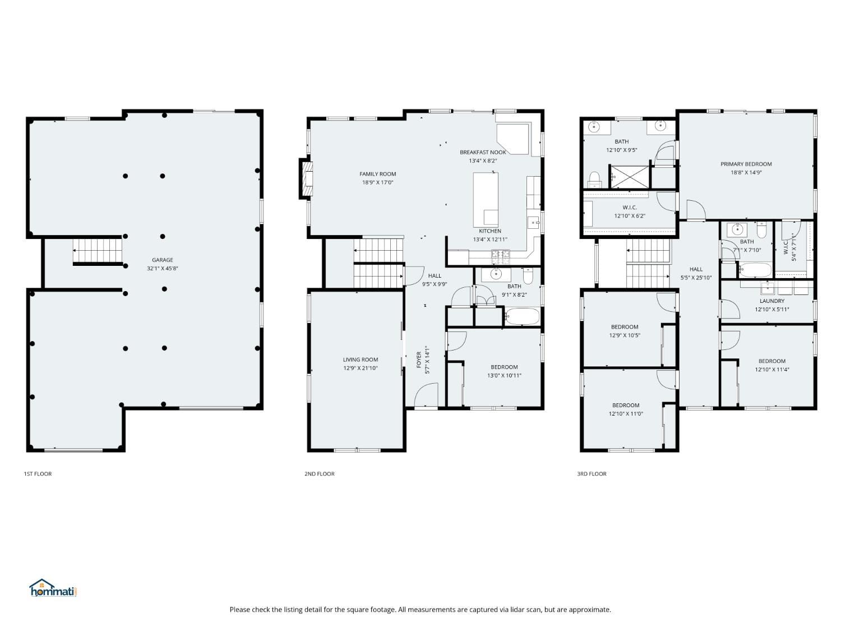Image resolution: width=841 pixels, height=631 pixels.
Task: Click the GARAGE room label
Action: tap(162, 260)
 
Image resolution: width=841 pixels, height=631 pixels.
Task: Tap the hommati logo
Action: tap(53, 588)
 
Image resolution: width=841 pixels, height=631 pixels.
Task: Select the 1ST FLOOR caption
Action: tap(38, 473)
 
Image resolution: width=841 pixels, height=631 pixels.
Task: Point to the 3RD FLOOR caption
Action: tap(592, 473)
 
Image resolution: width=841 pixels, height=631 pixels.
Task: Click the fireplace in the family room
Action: tap(306, 178)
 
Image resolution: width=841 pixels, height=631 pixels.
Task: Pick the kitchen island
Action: tap(486, 200)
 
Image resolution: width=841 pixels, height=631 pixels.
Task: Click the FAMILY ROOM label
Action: tap(377, 174)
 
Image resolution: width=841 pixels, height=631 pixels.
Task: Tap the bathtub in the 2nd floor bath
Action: tap(522, 316)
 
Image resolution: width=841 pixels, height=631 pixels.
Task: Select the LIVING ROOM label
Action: tap(360, 360)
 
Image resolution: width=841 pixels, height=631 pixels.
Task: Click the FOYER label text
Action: tap(418, 360)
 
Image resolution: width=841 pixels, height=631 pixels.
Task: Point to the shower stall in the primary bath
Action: tap(629, 177)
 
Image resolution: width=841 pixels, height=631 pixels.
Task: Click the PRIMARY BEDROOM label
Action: tap(746, 164)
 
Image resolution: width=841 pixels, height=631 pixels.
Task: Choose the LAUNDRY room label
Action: tap(771, 301)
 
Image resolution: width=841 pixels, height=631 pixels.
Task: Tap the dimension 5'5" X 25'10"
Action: tap(696, 278)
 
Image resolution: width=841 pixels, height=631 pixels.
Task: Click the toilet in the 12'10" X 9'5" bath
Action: tap(594, 180)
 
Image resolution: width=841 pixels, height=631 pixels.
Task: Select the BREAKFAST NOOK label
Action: tap(483, 152)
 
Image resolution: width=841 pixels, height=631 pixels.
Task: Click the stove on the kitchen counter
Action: tap(500, 257)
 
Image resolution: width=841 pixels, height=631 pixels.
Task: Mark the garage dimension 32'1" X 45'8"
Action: tap(162, 268)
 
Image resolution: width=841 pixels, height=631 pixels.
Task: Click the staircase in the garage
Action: tap(98, 251)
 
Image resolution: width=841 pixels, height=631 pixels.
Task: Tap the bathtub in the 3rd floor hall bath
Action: tap(755, 270)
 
